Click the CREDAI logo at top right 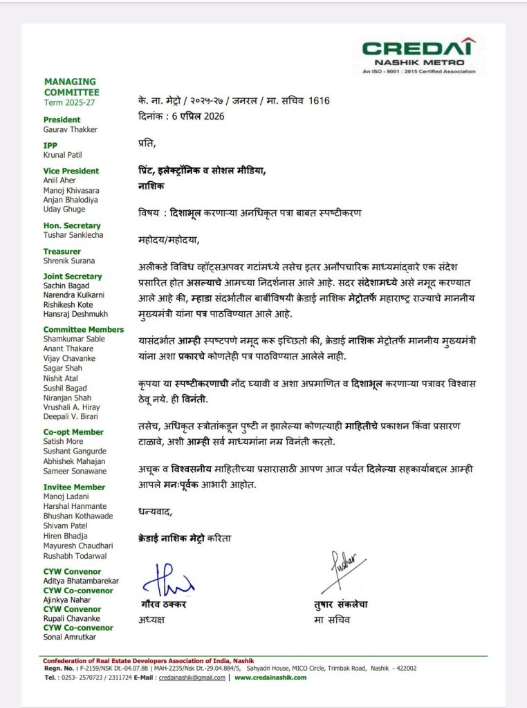419,55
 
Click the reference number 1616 319,101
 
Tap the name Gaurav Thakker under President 70,130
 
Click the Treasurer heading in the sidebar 62,252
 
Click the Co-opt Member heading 73,432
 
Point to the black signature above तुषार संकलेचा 342,573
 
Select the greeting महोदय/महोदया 168,241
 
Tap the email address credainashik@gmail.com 192,678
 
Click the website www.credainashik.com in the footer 270,678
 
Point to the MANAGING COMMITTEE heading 71,87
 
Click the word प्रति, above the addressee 147,144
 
